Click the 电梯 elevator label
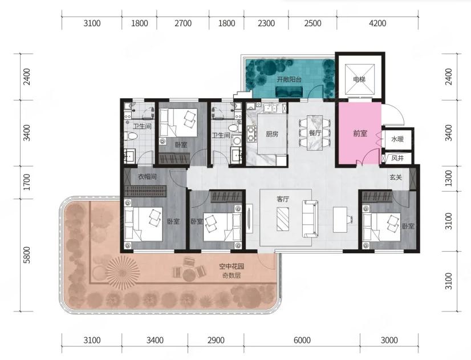pos(360,80)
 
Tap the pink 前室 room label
pos(360,133)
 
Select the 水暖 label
pos(397,139)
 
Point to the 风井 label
pos(397,158)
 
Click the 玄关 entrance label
pos(396,177)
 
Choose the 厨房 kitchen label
pos(272,134)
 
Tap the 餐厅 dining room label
pos(315,133)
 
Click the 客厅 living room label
pos(282,199)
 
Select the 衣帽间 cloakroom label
pos(147,176)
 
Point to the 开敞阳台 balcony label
pos(289,80)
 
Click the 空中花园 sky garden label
pos(232,266)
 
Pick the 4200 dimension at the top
pos(377,23)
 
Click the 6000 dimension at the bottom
pos(302,340)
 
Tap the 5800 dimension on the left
pos(27,255)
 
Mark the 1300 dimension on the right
pos(448,178)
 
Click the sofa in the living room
pos(310,219)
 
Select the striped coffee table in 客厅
pos(283,219)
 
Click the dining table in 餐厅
pos(315,132)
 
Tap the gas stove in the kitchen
pos(251,134)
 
